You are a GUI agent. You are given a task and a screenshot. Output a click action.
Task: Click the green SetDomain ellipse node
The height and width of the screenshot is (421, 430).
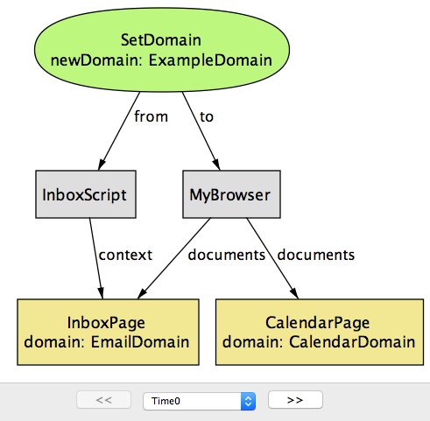[x=162, y=50]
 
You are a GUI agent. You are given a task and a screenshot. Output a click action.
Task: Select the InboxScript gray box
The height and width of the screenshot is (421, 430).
[x=86, y=194]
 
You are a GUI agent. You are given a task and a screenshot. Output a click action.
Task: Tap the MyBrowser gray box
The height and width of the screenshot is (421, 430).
[x=231, y=194]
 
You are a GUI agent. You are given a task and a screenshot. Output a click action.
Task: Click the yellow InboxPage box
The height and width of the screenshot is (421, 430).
[x=108, y=332]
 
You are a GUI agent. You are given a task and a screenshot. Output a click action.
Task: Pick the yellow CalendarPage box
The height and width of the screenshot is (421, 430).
[x=320, y=332]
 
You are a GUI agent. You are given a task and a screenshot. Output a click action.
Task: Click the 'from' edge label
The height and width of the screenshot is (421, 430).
[x=151, y=116]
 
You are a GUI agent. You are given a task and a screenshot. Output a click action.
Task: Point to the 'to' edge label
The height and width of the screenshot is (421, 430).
[x=207, y=117]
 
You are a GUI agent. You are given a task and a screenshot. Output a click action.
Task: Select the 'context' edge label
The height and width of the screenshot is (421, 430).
[x=125, y=255]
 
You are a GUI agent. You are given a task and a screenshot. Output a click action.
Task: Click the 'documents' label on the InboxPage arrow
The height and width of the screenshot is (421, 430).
[x=227, y=255]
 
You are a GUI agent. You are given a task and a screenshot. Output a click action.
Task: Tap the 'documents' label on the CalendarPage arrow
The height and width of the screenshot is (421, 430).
[x=316, y=255]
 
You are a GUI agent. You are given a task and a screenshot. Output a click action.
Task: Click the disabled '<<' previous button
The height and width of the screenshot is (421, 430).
[x=103, y=400]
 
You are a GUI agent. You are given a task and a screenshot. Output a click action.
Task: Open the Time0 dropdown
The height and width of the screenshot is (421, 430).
[x=200, y=401]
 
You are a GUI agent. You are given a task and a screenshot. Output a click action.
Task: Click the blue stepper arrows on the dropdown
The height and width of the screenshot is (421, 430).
[x=248, y=401]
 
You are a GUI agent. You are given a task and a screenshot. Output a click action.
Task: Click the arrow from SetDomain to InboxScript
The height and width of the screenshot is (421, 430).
[x=119, y=131]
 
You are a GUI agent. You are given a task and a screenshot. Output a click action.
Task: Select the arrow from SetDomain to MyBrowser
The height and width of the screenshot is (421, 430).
[x=201, y=131]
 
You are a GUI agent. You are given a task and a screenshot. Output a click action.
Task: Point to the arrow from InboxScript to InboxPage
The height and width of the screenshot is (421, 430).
[x=96, y=258]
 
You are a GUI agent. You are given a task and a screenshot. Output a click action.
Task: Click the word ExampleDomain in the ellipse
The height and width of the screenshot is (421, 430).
[x=210, y=60]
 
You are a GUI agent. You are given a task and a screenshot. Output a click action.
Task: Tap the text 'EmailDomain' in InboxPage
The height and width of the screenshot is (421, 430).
[x=140, y=341]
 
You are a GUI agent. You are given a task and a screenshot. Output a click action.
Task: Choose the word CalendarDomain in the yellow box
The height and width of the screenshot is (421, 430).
[x=352, y=341]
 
